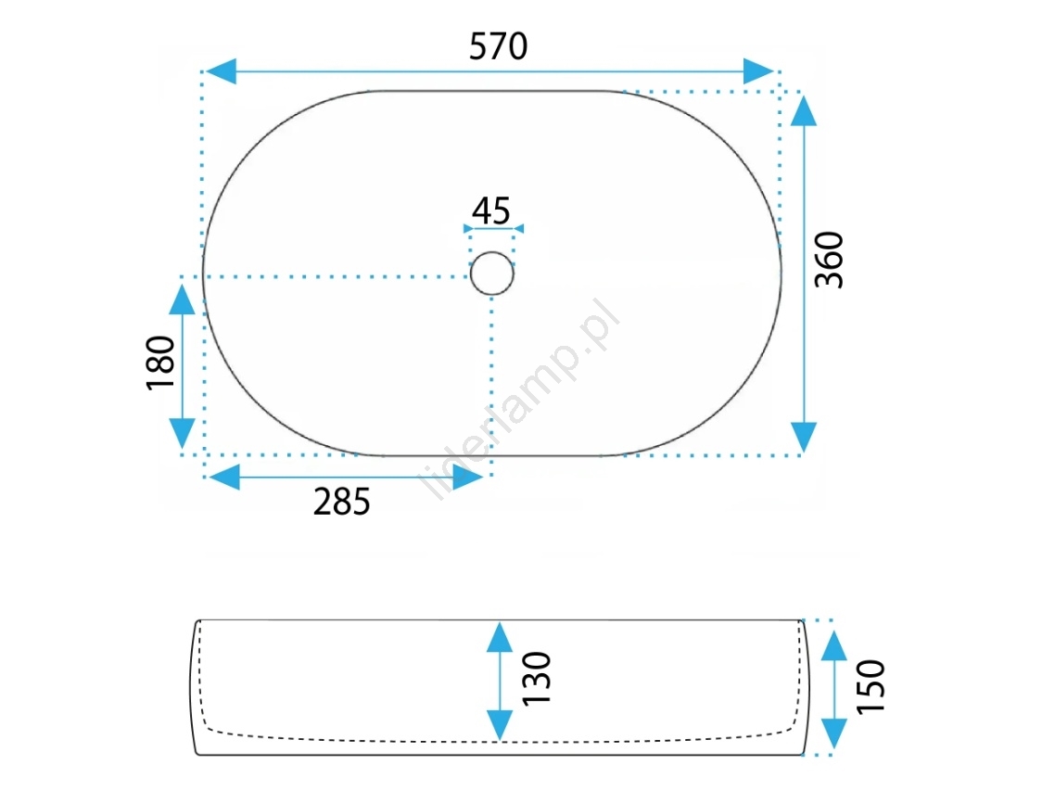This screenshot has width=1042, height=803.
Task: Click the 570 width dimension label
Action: click(499, 46)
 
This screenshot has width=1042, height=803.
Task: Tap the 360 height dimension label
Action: click(830, 260)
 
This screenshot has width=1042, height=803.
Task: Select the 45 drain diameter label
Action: click(491, 210)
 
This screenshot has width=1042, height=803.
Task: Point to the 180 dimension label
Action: click(160, 363)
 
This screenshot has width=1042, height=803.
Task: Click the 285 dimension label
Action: click(341, 502)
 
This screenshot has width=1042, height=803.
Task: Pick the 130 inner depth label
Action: click(537, 679)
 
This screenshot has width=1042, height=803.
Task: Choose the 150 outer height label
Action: click(871, 687)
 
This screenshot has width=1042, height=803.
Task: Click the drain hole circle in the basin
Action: click(492, 252)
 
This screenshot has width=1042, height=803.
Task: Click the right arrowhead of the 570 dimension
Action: click(758, 71)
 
